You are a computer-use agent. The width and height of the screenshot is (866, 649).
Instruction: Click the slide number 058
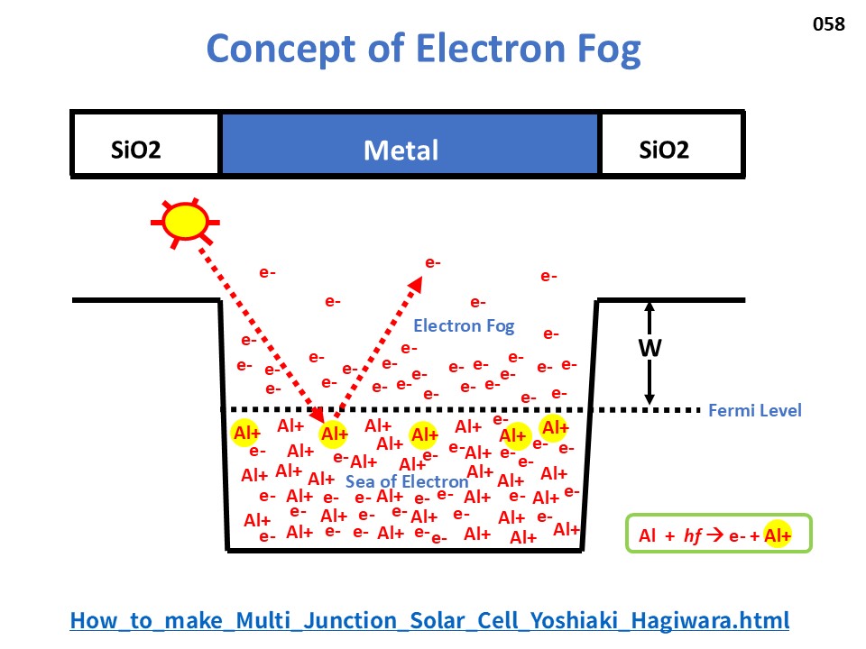pos(828,24)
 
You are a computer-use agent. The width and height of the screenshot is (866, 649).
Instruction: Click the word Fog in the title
pos(609,49)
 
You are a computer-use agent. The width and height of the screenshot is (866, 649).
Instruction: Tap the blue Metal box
pos(410,144)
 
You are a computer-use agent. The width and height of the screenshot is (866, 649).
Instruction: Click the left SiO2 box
pos(145,144)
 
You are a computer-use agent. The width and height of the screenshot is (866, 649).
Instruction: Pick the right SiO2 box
pos(671,144)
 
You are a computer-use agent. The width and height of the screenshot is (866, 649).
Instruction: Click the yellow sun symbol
pos(186,222)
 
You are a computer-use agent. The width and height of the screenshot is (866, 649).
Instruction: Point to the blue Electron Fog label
pos(464,326)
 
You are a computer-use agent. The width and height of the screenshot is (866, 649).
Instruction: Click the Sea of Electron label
pos(407,481)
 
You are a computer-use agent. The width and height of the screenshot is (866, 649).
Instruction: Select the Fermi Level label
pos(754,411)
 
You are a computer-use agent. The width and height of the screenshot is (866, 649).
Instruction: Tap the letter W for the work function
pos(650,348)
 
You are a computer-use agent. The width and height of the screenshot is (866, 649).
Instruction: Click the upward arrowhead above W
pos(650,306)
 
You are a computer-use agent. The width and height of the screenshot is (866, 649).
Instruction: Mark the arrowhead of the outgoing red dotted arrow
pos(415,284)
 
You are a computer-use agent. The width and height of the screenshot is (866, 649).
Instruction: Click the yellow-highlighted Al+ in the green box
pos(777,535)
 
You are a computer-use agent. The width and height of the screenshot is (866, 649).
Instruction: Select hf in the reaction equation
pos(693,535)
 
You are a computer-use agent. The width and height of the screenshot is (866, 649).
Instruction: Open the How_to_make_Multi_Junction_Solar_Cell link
pos(429,621)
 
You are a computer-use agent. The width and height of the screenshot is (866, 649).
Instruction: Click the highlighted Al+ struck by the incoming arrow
pos(334,434)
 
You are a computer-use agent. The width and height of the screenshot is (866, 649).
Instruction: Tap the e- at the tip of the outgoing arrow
pos(433,262)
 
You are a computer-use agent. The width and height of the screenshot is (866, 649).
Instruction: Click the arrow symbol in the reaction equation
pos(714,535)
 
